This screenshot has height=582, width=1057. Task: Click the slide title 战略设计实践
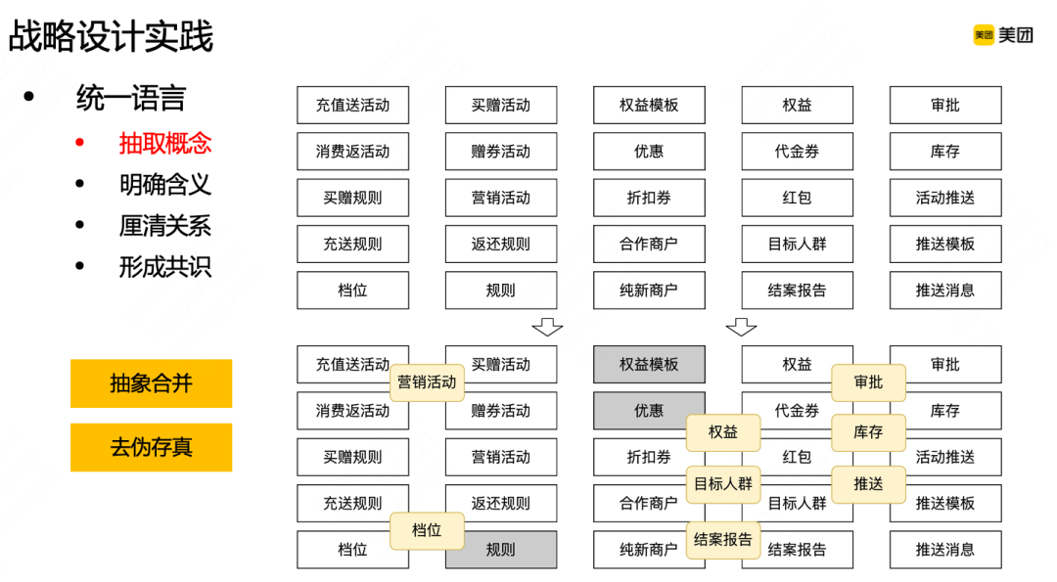[111, 37]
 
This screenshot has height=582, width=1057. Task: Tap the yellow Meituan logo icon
[983, 35]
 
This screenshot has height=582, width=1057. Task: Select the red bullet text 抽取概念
[165, 144]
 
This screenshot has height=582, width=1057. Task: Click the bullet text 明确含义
[165, 185]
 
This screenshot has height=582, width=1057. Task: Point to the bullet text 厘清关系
[165, 226]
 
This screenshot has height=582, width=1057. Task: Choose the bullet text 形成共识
[165, 267]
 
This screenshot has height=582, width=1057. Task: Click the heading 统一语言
[131, 98]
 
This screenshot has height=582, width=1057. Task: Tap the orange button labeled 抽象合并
[151, 383]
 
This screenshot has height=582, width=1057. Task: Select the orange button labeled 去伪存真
[151, 448]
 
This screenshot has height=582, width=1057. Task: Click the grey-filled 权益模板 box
[649, 364]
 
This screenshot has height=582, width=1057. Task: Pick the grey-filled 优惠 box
[649, 411]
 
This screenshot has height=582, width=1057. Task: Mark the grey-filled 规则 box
[501, 550]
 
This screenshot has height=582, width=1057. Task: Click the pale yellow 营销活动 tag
[427, 381]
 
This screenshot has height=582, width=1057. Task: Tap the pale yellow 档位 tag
[427, 530]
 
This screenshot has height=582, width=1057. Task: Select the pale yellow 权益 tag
[722, 432]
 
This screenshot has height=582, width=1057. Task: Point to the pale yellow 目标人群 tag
[722, 483]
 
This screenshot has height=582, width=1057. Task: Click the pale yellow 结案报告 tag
[722, 539]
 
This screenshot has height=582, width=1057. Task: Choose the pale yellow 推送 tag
[868, 484]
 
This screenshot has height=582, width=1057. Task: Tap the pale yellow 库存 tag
[868, 432]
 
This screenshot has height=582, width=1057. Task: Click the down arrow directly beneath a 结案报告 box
[741, 327]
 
